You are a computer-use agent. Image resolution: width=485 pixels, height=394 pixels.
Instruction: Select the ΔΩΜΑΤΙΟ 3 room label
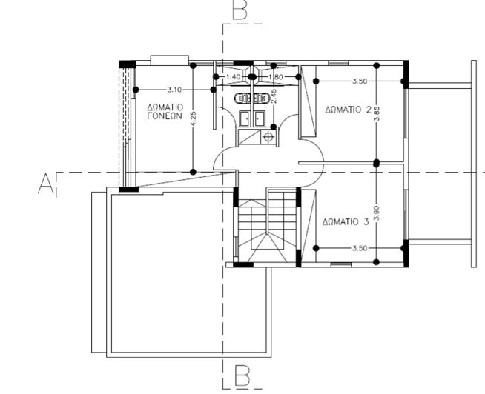pos(346,221)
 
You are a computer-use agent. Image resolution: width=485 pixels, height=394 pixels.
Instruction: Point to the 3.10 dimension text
pos(175,89)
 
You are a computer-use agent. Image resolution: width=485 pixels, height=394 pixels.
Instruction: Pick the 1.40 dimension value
pos(232,77)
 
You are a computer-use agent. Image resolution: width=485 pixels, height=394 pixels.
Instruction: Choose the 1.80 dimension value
pos(275,77)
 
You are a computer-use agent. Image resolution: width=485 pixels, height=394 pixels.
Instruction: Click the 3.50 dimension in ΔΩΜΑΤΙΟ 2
pos(360,81)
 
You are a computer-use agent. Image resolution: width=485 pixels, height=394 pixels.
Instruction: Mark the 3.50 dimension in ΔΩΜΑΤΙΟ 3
pos(360,248)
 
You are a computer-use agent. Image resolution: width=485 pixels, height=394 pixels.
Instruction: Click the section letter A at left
pos(46,183)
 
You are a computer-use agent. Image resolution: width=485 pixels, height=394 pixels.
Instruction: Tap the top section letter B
pos(240,10)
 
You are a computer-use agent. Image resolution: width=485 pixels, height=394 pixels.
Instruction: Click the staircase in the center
pos(267,226)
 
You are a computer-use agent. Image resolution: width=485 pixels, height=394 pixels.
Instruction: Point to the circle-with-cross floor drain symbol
pos(268,136)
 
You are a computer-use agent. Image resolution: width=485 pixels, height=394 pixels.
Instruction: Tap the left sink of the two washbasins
pos(244,117)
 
